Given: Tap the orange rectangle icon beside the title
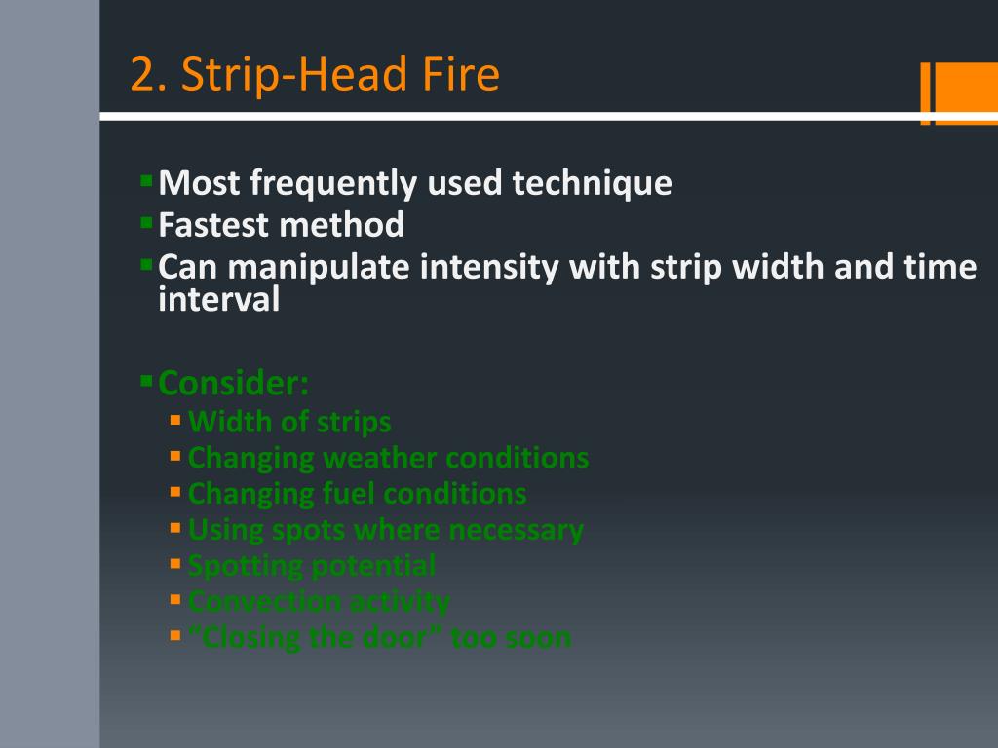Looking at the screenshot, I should click(958, 93).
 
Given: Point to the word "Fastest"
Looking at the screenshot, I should click(213, 225).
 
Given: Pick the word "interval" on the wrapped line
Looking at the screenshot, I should click(218, 300).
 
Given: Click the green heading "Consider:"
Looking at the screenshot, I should click(233, 383).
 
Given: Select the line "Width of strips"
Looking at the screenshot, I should click(289, 422).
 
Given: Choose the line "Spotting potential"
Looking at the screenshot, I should click(312, 565).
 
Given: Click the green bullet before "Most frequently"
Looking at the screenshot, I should click(146, 180).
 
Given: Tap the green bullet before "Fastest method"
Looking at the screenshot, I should click(146, 223).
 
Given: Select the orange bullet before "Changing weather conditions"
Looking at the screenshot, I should click(175, 456).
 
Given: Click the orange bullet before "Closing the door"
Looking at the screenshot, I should click(175, 636).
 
